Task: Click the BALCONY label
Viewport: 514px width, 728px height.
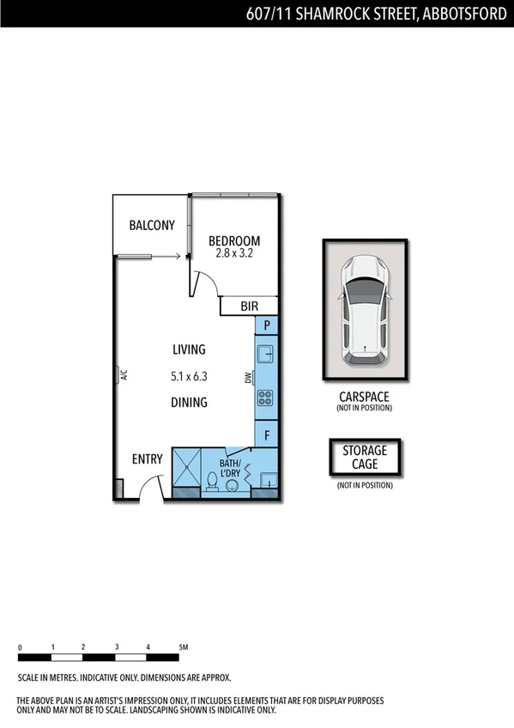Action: coord(152,226)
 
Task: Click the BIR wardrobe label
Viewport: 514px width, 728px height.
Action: coord(250,306)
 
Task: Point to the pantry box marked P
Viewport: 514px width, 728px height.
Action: coord(268,326)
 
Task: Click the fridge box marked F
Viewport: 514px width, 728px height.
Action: coord(268,435)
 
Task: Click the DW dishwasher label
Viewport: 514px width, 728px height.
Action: coord(249,377)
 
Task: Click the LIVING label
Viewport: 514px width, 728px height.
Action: coord(189,349)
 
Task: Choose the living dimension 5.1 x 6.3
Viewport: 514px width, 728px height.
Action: coord(189,376)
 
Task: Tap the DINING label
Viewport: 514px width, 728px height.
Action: coord(189,402)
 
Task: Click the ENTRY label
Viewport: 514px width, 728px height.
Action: coord(147,459)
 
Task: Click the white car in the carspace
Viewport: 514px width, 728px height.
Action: coord(365,309)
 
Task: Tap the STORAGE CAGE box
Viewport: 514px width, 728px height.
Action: coord(365,458)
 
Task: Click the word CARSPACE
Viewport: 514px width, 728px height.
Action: coord(365,397)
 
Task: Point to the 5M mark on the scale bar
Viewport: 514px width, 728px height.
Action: coord(183,646)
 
